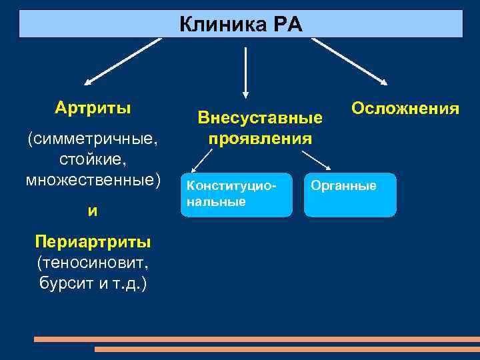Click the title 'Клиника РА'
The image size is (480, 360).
point(241,25)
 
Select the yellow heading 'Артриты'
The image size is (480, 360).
point(93,107)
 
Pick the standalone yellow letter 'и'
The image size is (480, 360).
point(93,211)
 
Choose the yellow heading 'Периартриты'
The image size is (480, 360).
point(93,241)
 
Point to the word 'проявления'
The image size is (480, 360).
point(260,139)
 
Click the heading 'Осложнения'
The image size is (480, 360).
point(405,108)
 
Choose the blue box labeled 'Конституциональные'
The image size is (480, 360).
point(237,195)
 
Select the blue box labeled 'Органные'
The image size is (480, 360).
point(350,195)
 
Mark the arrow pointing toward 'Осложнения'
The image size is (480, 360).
point(349,61)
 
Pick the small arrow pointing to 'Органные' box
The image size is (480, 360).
point(317,161)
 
